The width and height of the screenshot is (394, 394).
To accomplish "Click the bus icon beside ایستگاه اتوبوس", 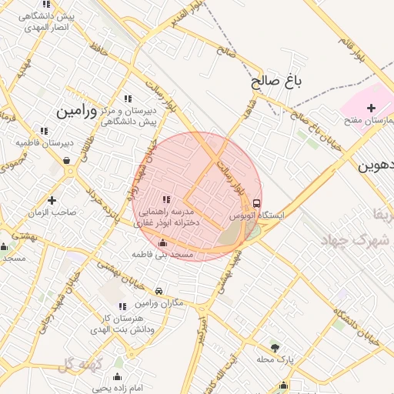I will pyautogui.click(x=256, y=203).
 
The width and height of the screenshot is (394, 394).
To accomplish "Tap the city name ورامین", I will pyautogui.click(x=76, y=112).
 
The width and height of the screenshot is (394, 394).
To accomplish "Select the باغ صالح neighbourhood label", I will pyautogui.click(x=273, y=81).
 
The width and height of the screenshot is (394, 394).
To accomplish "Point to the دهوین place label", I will pyautogui.click(x=376, y=165).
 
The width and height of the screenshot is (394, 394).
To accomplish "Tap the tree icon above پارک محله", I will pyautogui.click(x=275, y=347).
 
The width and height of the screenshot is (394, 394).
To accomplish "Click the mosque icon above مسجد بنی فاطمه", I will pyautogui.click(x=162, y=242).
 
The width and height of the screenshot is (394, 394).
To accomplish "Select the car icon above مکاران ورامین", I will pyautogui.click(x=159, y=292).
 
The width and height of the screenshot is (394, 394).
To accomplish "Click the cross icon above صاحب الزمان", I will pyautogui.click(x=52, y=179).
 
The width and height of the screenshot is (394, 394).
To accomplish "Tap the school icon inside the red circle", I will pyautogui.click(x=166, y=199).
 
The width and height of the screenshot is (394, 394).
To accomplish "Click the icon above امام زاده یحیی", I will pyautogui.click(x=117, y=376).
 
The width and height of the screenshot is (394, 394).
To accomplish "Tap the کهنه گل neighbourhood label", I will pyautogui.click(x=80, y=363).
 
